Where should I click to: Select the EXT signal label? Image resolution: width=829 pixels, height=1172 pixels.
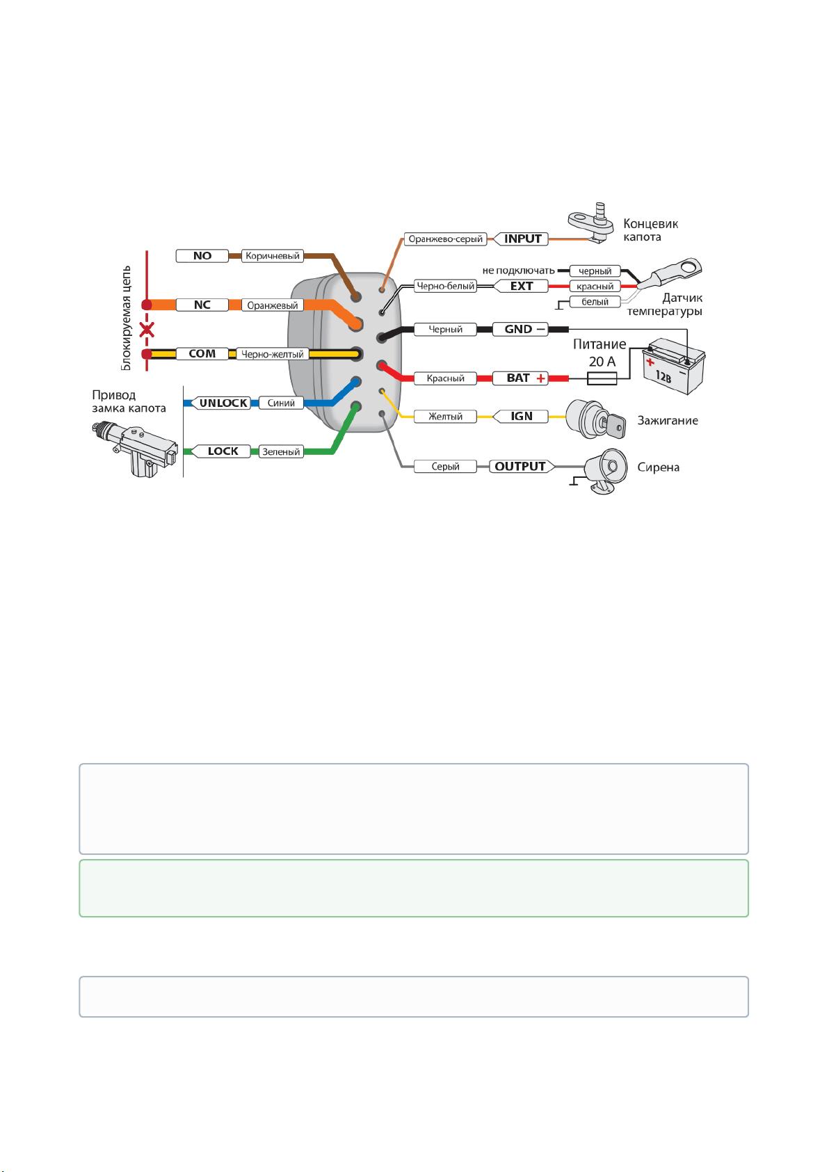[521, 286]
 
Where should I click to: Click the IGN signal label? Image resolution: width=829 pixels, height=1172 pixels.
[521, 417]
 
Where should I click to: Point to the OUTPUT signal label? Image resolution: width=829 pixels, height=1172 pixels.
[522, 466]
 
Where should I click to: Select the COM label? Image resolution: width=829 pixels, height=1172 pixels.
[202, 354]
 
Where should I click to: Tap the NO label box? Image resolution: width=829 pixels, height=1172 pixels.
[202, 256]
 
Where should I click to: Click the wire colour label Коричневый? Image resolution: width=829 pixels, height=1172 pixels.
[273, 256]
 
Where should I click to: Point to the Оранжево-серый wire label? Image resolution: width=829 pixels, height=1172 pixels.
[445, 239]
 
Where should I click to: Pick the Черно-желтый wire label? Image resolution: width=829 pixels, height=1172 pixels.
[272, 354]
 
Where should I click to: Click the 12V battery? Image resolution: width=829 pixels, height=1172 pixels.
[674, 365]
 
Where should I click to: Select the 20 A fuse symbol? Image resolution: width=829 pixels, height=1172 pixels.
[602, 378]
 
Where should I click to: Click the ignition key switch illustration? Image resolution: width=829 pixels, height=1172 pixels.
[596, 419]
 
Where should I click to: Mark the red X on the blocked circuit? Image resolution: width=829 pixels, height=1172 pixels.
[147, 330]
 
